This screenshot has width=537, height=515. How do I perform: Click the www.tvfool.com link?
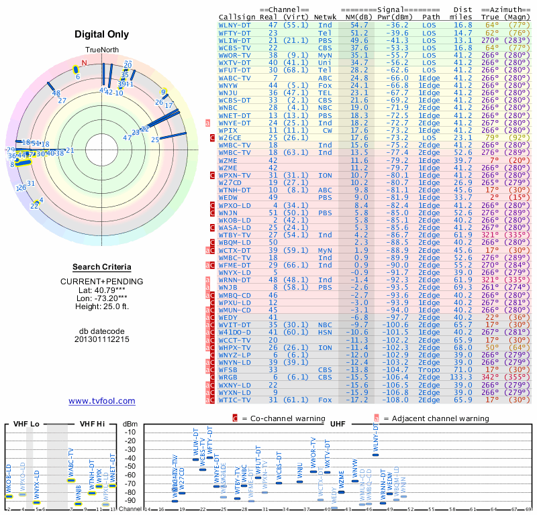point(102,401)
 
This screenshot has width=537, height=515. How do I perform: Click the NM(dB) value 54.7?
point(358,24)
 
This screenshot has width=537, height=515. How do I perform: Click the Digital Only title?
point(102,34)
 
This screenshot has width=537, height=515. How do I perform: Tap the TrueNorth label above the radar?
point(101,50)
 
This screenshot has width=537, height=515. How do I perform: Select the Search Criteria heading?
point(102,267)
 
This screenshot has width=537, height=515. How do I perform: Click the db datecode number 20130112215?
point(102,339)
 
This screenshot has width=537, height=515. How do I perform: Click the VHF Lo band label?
point(24,424)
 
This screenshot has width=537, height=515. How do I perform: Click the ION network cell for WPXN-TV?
point(325,175)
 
